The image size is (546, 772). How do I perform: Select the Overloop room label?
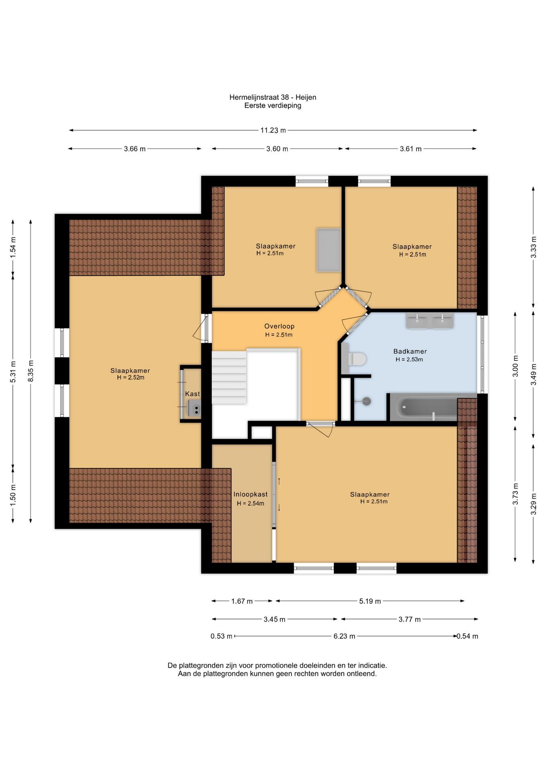tap(279, 326)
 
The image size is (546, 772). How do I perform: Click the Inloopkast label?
tap(250, 494)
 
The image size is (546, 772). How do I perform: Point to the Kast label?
tap(193, 394)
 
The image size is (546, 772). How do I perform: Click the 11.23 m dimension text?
tap(273, 130)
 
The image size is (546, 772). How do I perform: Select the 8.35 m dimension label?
tap(31, 371)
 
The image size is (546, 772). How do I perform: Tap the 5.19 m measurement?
tap(370, 601)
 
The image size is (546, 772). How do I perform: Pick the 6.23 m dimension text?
tap(344, 636)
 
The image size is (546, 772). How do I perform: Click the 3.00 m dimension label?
tap(515, 366)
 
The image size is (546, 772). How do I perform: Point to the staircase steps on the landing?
tap(229, 377)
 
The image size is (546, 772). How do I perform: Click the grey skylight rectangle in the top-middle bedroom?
tap(329, 250)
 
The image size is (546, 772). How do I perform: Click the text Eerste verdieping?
tap(273, 106)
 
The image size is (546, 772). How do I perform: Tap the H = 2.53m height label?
tap(409, 359)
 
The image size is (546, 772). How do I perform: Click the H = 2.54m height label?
tap(250, 503)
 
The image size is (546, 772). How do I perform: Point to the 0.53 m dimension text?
tap(222, 636)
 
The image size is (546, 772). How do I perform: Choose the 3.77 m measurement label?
tap(410, 619)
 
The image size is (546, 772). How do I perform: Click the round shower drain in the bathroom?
tap(366, 401)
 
